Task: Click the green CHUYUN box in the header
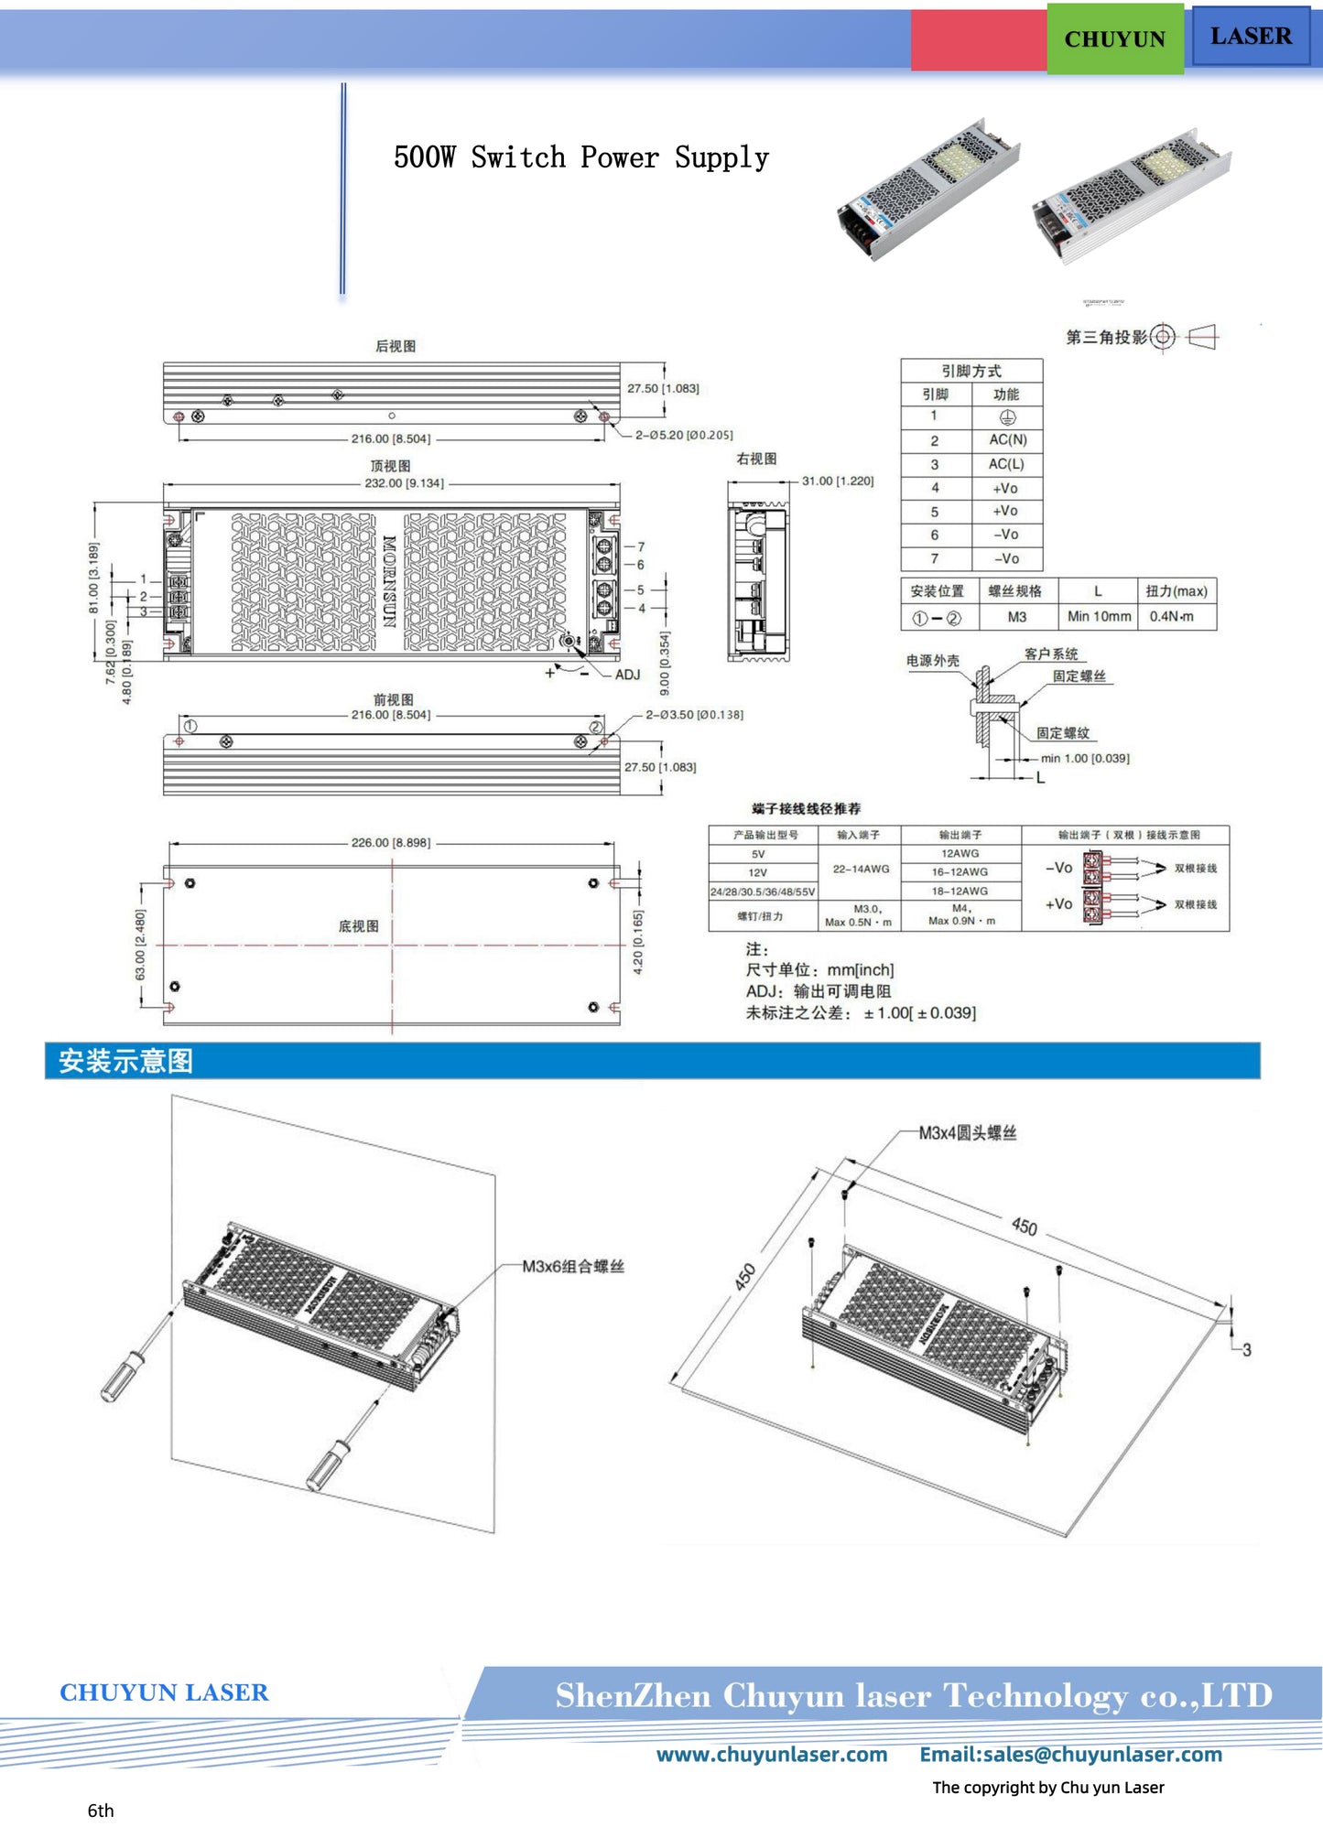(x=1114, y=39)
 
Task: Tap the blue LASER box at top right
(x=1250, y=37)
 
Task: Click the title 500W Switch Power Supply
(x=580, y=157)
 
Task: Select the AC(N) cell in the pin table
(x=1007, y=440)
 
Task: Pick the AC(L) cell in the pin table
(x=1006, y=464)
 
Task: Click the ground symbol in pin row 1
(x=1007, y=417)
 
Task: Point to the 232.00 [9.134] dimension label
(x=404, y=483)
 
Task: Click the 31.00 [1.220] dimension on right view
(x=837, y=481)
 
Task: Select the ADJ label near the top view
(x=627, y=675)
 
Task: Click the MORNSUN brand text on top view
(x=389, y=580)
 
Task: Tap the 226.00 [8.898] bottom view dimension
(x=390, y=843)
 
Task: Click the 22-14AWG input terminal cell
(x=860, y=870)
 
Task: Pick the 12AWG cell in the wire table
(x=960, y=853)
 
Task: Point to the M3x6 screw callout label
(x=572, y=1267)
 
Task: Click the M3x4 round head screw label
(x=967, y=1133)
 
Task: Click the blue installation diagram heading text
(x=125, y=1062)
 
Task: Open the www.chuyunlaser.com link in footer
(x=771, y=1755)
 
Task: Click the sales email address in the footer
(x=1070, y=1755)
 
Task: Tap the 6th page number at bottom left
(x=101, y=1811)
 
